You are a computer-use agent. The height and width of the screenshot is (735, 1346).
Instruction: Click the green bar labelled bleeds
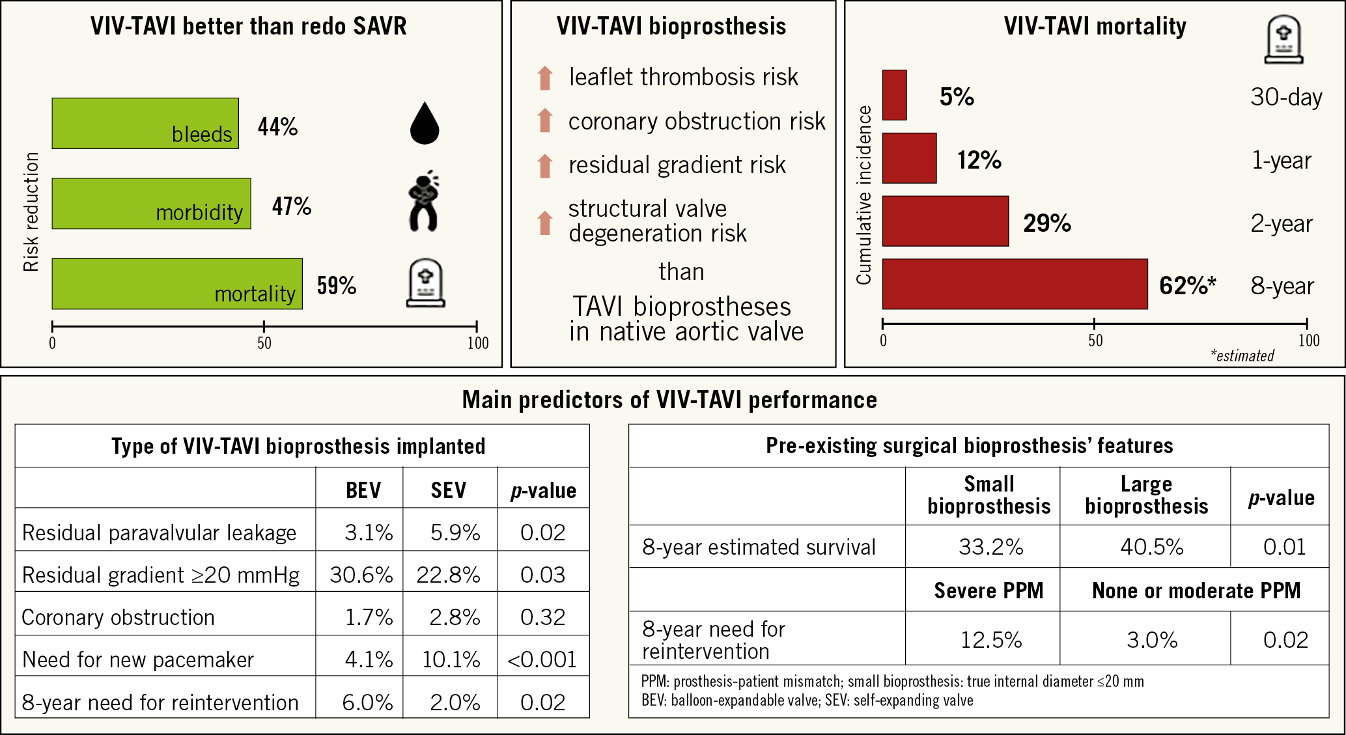coord(145,124)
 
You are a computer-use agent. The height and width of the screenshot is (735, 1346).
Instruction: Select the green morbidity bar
coord(151,203)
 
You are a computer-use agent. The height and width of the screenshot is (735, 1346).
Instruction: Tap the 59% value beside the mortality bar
coord(336,285)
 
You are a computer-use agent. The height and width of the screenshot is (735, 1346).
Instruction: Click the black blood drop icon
coord(425,123)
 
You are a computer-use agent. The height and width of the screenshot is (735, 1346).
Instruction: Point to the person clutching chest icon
coord(424,202)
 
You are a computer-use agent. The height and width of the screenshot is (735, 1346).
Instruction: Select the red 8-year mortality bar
coord(1015,284)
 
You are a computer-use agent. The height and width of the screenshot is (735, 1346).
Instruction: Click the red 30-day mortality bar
coord(894,95)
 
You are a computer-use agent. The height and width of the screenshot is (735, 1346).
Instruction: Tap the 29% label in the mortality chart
coord(1046,223)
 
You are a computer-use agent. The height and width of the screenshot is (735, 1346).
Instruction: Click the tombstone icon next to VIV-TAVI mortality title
coord(1283,40)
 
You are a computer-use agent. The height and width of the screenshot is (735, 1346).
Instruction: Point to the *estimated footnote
coord(1242,355)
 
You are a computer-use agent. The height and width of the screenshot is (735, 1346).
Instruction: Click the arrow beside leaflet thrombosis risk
coord(545,78)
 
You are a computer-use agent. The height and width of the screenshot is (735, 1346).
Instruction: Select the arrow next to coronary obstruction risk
coord(545,121)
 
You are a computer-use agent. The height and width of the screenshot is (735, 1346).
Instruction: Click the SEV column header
coord(449,490)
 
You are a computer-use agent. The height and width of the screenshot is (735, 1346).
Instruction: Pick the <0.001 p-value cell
coord(542,659)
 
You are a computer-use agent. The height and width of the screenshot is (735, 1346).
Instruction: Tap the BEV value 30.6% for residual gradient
coord(361,575)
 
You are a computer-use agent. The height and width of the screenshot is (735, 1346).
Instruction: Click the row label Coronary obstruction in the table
coord(119,617)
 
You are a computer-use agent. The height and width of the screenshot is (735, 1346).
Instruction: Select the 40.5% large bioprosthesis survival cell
coord(1151,547)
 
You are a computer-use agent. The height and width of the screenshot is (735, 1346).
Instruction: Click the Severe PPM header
coord(988,590)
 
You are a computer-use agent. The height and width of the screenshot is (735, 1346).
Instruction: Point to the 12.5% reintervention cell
coord(991,640)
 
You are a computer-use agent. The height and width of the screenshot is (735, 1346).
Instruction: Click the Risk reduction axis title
coord(31,212)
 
